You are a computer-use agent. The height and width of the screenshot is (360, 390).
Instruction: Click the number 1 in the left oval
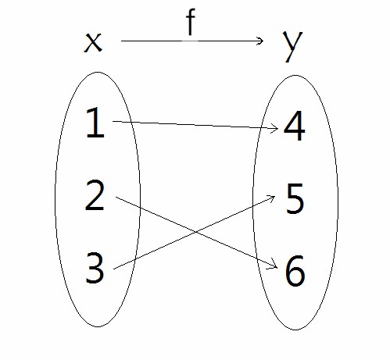coord(95,123)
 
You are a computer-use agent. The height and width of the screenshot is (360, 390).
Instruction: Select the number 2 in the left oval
coord(95,195)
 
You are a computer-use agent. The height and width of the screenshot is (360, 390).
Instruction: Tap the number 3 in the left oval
coord(95,268)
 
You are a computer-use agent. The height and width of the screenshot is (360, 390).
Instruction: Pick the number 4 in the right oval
coord(294,126)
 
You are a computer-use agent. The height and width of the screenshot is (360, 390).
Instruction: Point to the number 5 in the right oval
coord(295,199)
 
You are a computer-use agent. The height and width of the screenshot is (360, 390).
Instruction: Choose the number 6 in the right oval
coord(295,271)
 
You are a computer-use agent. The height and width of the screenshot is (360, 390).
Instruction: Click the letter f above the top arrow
coord(191,22)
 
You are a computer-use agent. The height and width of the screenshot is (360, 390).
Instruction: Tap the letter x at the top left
coord(93,44)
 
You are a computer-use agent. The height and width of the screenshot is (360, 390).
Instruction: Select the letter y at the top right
coord(293,47)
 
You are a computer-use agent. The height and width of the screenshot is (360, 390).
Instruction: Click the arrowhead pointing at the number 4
coord(277,128)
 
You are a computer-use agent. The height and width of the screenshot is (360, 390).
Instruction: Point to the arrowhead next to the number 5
coord(274,197)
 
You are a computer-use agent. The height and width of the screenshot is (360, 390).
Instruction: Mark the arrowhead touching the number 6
coord(276,267)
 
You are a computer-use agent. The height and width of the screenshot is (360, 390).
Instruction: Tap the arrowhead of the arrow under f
coord(263,41)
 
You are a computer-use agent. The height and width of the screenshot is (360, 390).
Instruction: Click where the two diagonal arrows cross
coord(195,232)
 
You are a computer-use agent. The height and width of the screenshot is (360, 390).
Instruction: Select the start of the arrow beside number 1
coord(113,121)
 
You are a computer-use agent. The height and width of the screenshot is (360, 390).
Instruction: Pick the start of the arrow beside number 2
coord(116,198)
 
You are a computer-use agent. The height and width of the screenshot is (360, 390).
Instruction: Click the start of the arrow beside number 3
coord(114,269)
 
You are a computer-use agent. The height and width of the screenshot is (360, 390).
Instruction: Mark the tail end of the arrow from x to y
coord(121,41)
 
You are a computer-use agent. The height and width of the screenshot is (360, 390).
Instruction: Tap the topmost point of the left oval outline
coord(98,72)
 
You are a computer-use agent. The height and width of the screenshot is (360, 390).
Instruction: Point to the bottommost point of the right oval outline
coord(295,330)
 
